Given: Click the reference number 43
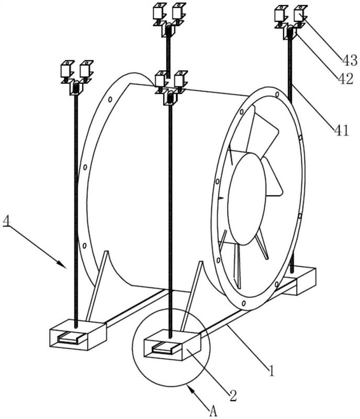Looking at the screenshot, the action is coord(350,60).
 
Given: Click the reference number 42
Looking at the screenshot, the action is coord(346,79).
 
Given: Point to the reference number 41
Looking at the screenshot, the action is coord(342,130).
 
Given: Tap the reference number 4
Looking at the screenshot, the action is coord(6,222).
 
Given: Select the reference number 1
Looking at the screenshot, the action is coord(272,371).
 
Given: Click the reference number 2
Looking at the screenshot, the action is coord(233,395).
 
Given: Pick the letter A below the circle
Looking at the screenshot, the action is coord(213,411).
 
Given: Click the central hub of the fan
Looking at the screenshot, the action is coord(247,199).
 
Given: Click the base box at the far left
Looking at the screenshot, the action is coord(78,334).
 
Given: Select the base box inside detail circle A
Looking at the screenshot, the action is coord(172,345).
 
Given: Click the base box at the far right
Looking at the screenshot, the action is coord(300,281).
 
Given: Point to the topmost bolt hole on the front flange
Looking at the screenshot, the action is coord(277,94).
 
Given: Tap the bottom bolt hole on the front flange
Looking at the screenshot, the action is coord(243,303).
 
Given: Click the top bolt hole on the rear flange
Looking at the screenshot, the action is coord(110,99).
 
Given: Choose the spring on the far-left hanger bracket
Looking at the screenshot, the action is coord(76,88).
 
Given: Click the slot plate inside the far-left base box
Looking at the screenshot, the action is coord(71,338).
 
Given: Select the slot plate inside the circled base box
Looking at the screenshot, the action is coord(165,348).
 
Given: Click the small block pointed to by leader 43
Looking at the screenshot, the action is coord(300,14).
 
